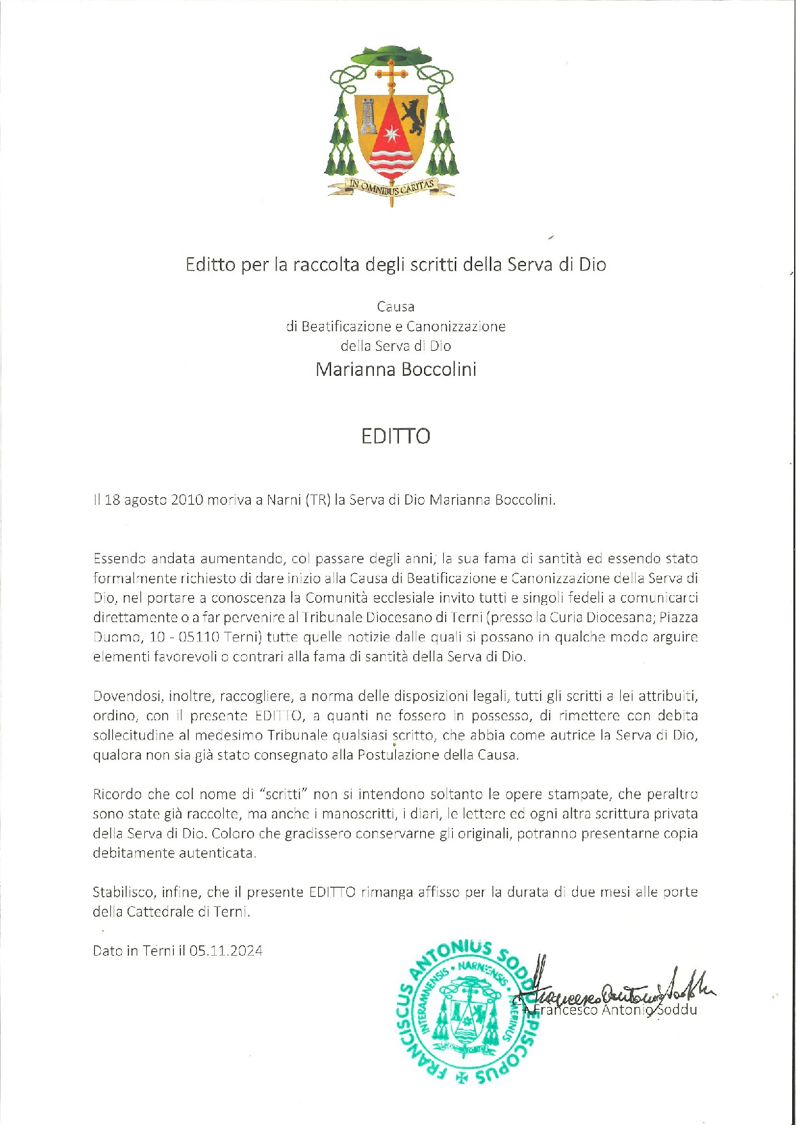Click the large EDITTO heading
click(395, 436)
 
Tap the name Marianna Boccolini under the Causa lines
click(396, 369)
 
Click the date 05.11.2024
click(226, 951)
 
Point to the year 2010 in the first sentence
click(188, 500)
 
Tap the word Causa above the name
click(396, 307)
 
